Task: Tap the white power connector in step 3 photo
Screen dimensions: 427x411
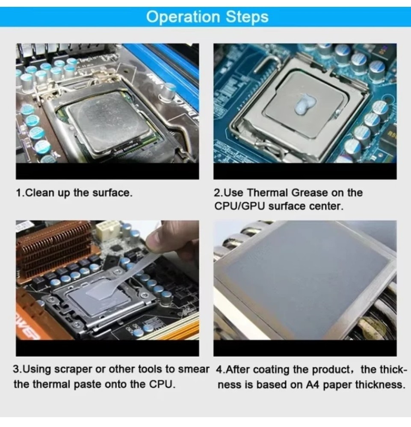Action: click(x=107, y=231)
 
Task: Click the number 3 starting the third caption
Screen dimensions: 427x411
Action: click(x=17, y=369)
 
